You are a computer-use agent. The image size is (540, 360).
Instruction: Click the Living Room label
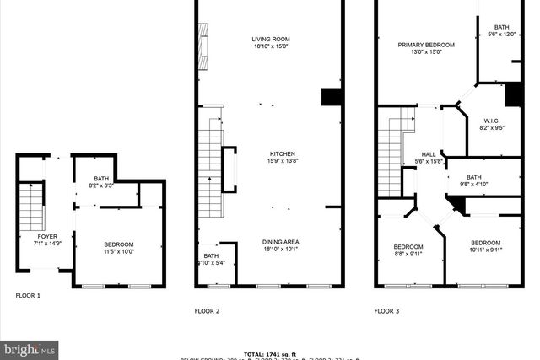[271, 39]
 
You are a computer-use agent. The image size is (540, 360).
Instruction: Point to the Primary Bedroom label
[427, 45]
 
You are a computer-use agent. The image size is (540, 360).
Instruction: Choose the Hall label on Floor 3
[429, 153]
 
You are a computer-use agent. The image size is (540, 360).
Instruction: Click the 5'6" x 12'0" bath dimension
[501, 35]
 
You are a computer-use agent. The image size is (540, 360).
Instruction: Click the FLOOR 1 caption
[28, 296]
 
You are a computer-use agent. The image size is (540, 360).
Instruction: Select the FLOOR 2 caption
[208, 311]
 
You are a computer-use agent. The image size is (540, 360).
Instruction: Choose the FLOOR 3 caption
[386, 311]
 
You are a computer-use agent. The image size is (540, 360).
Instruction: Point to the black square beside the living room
[330, 96]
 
